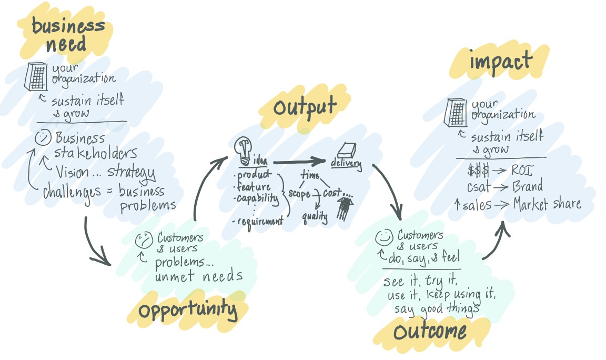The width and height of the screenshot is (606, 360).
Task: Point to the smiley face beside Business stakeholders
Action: (42, 138)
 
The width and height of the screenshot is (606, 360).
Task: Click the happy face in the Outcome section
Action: (383, 238)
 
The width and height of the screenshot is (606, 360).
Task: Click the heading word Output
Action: (305, 107)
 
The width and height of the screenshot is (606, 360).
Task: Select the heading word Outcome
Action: (430, 332)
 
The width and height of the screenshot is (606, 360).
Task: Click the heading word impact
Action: (500, 62)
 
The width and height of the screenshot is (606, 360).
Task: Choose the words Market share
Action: (547, 204)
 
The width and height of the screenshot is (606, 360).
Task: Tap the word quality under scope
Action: (315, 216)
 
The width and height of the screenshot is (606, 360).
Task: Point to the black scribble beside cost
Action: (345, 208)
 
